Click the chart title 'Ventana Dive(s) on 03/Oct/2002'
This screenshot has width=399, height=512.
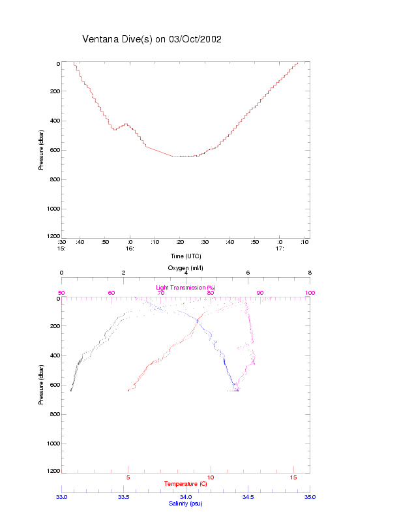point(152,39)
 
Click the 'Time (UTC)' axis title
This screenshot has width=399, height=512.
point(186,256)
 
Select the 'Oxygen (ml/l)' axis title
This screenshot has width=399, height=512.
point(186,267)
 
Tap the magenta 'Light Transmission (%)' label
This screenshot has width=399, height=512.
point(186,288)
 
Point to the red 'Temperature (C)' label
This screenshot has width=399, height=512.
point(186,484)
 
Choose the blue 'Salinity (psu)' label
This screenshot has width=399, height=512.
point(186,503)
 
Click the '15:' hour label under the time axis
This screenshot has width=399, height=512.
point(61,248)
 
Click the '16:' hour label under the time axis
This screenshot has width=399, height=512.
point(130,248)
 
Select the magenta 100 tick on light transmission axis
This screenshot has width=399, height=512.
point(310,293)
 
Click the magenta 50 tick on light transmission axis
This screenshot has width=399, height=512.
point(61,293)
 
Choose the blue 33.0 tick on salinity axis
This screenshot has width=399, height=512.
point(61,497)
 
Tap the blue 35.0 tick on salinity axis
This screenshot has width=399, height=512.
point(310,497)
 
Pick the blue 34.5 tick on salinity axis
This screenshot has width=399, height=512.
point(248,497)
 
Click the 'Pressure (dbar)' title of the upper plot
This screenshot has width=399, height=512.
point(41,149)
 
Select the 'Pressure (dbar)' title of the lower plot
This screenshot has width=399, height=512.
point(41,384)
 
